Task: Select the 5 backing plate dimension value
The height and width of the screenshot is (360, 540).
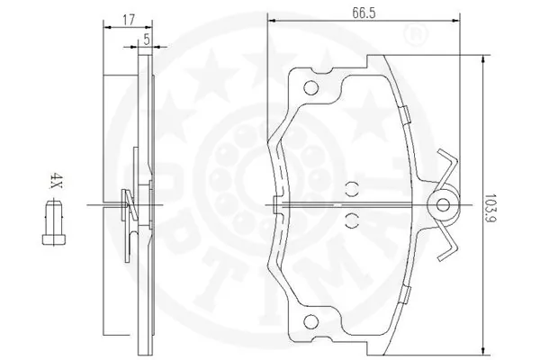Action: pos(146,39)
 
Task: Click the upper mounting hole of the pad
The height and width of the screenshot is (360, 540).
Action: pos(311,88)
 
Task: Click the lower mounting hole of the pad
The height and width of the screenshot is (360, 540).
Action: pos(311,322)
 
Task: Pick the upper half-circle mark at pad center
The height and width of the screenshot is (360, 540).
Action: pos(352,190)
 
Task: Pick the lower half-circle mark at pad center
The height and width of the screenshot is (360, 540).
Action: pos(352,220)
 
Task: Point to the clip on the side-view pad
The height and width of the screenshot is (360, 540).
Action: pos(128,205)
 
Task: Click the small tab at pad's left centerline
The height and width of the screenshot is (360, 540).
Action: pos(274,205)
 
